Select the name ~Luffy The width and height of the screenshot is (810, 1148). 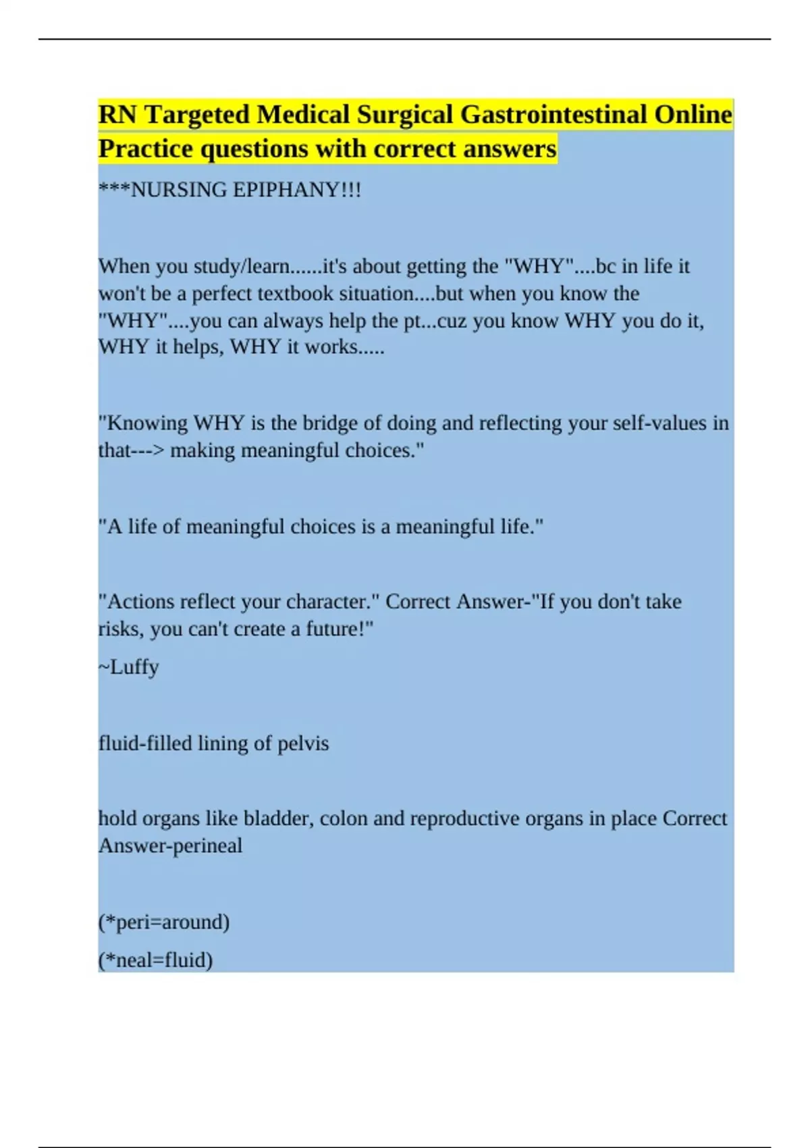click(x=129, y=667)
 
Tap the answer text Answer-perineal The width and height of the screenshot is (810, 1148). click(x=170, y=845)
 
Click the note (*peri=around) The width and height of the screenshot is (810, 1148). click(x=164, y=922)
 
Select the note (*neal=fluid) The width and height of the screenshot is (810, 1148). click(x=156, y=960)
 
